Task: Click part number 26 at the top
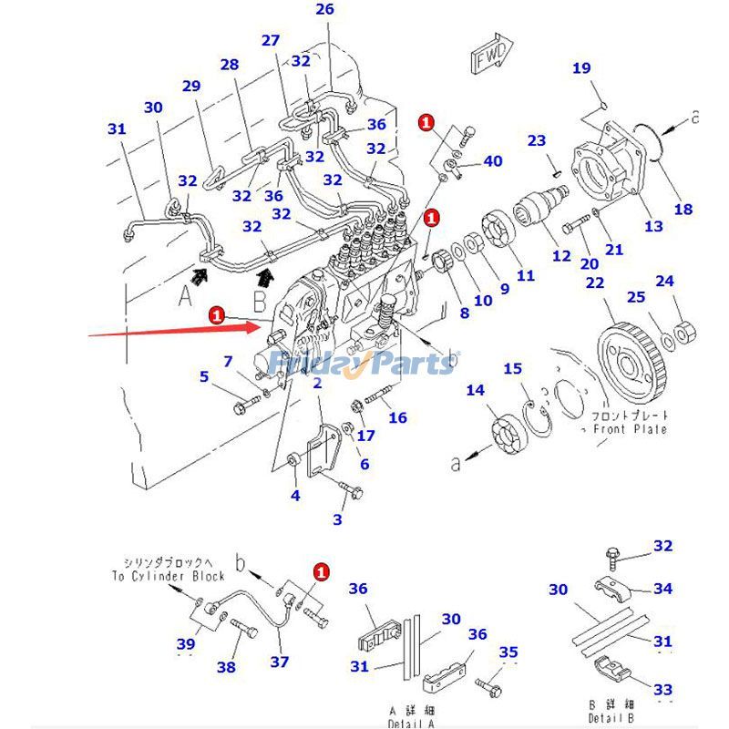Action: [x=325, y=10]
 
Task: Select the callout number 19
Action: [x=581, y=68]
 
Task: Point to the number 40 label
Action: [x=492, y=161]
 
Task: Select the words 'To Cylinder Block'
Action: [x=168, y=576]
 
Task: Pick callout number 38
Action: [x=226, y=667]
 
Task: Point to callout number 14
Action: [x=475, y=391]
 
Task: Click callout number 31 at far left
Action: [x=116, y=129]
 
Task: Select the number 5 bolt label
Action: [x=204, y=375]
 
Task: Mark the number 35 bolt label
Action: [x=508, y=652]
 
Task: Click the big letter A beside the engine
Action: [x=186, y=294]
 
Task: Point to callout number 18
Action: [x=683, y=210]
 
